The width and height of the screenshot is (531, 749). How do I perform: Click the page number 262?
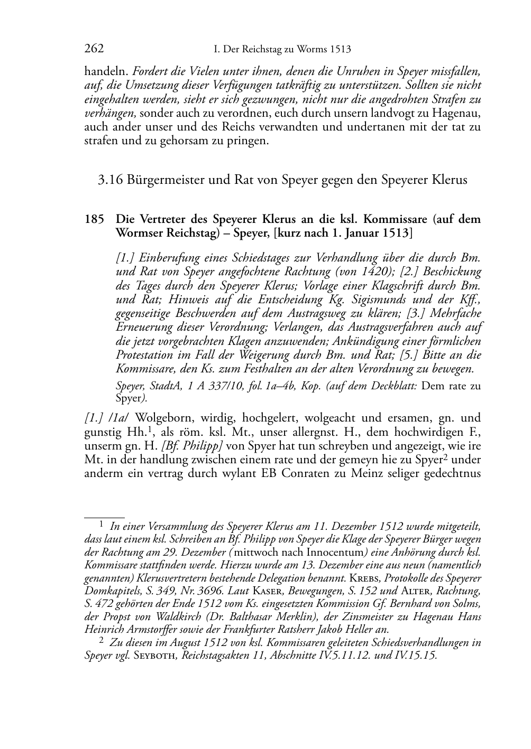click(x=94, y=50)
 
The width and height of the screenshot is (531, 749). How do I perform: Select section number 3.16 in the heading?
click(x=110, y=180)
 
